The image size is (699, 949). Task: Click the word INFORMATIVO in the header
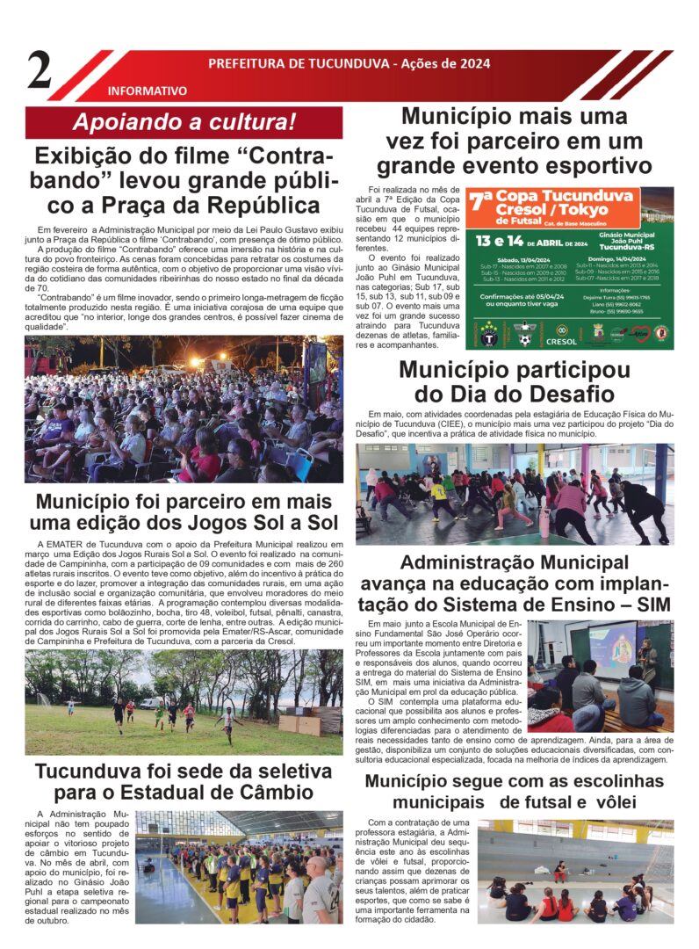(x=147, y=91)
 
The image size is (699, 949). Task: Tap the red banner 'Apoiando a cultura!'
(x=184, y=123)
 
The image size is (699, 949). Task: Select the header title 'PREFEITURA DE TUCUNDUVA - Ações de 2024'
(x=348, y=64)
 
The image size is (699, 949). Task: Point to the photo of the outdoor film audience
(x=184, y=409)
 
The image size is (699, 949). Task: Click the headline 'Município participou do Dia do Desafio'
(x=514, y=382)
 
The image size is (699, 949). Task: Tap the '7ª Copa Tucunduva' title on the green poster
(x=551, y=203)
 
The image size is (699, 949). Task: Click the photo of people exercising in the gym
(x=514, y=494)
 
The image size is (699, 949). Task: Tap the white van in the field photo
(x=150, y=703)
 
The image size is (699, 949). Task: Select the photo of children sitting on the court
(x=575, y=872)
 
